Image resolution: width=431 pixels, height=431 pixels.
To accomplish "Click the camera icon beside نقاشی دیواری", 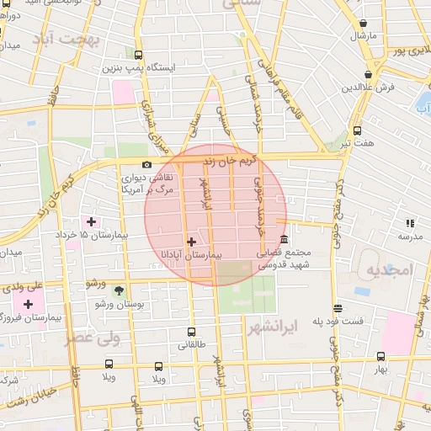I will [147, 164].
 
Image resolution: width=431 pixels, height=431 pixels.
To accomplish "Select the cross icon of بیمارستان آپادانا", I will [191, 242].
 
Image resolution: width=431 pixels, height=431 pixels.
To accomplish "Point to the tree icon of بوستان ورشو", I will [118, 290].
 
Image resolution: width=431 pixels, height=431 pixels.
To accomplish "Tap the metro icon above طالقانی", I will [191, 332].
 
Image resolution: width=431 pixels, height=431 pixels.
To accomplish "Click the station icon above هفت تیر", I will [357, 130].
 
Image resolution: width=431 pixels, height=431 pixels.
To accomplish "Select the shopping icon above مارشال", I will [363, 24].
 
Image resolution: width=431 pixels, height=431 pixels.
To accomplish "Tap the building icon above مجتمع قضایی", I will [284, 239].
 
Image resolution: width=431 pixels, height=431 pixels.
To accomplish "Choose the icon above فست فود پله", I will [337, 308].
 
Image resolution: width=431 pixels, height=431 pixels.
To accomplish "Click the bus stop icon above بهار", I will [380, 356].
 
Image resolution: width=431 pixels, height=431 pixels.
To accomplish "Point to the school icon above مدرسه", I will [410, 223].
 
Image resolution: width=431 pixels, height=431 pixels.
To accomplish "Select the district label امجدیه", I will [386, 269].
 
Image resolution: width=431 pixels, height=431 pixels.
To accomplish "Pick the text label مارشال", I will [363, 36].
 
